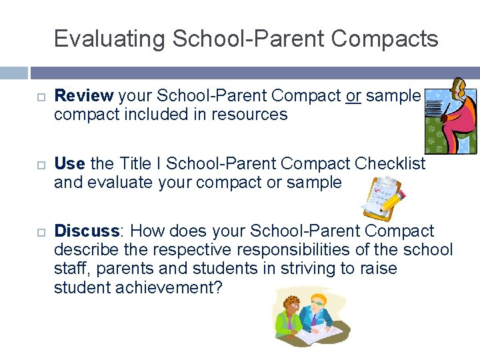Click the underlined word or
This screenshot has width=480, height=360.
(x=353, y=95)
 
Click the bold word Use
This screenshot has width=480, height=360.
(x=69, y=163)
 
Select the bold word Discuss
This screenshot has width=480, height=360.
(x=86, y=231)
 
